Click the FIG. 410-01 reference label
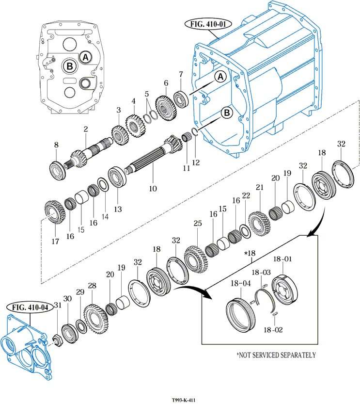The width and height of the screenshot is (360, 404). (x=208, y=24)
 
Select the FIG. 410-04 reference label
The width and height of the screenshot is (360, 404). (x=30, y=307)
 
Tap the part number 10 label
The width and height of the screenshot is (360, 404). (x=153, y=189)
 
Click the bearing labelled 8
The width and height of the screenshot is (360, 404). (x=58, y=171)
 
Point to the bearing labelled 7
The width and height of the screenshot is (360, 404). (x=181, y=99)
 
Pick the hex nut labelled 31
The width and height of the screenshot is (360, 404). (x=58, y=342)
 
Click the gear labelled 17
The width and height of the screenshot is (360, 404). (x=55, y=212)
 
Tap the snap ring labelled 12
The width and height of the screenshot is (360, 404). (x=195, y=131)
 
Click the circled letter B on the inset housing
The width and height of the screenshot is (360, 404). (x=70, y=66)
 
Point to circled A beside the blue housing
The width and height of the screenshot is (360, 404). (x=220, y=77)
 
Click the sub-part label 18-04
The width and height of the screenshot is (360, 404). (x=240, y=283)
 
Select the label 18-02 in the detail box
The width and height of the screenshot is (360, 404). (x=273, y=329)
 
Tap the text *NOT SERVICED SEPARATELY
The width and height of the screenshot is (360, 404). (x=276, y=355)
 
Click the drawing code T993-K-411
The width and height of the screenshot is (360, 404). (x=184, y=400)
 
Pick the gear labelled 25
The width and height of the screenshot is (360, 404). (x=196, y=259)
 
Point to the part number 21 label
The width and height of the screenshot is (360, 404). (x=260, y=187)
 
